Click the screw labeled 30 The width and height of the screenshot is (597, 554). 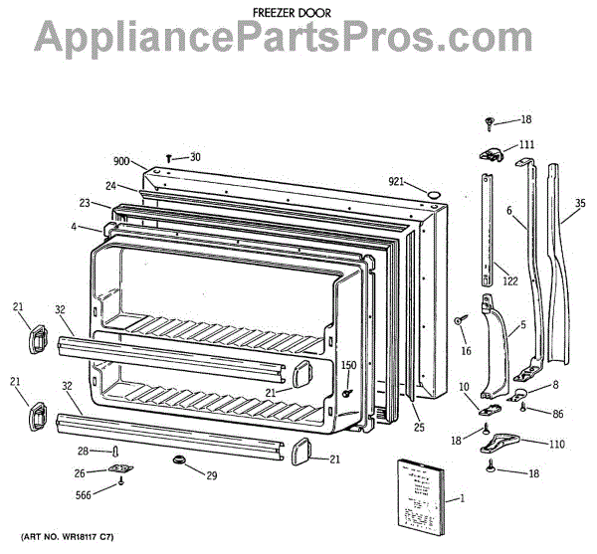pyautogui.click(x=170, y=157)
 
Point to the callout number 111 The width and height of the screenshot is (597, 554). pyautogui.click(x=526, y=145)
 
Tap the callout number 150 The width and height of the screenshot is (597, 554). pyautogui.click(x=348, y=366)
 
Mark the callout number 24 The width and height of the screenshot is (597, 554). pyautogui.click(x=111, y=186)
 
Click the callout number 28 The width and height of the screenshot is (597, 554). pyautogui.click(x=84, y=452)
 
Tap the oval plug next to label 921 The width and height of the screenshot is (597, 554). pyautogui.click(x=432, y=189)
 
